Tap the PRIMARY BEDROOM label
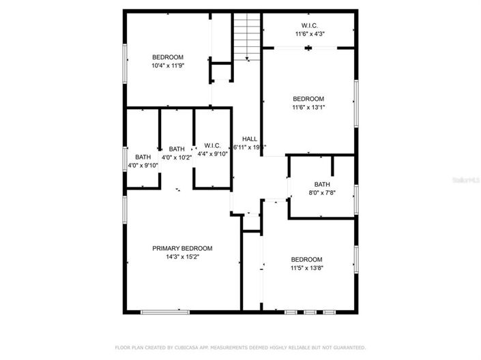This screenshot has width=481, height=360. point(182,248)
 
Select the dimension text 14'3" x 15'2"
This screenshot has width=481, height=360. point(182,257)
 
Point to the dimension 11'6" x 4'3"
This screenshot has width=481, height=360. point(309,33)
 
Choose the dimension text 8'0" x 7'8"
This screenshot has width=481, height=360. point(322,193)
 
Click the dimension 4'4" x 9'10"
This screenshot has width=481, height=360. point(212,154)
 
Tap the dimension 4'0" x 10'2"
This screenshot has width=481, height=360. point(177,158)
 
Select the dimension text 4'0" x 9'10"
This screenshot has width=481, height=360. point(143,166)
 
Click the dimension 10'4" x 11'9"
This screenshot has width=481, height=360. point(168,65)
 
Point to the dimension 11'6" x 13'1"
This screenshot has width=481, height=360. point(308,107)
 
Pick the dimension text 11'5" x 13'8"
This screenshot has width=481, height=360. point(306,268)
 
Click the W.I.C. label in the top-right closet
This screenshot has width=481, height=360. point(309,25)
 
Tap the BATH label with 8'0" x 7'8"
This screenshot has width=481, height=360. point(322,184)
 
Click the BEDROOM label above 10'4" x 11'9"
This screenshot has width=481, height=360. point(168,57)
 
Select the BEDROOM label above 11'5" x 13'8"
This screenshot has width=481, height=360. point(306,259)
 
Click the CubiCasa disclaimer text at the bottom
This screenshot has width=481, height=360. point(240,346)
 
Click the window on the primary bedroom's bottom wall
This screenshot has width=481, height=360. point(164,312)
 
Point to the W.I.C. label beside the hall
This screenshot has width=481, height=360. point(212,145)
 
